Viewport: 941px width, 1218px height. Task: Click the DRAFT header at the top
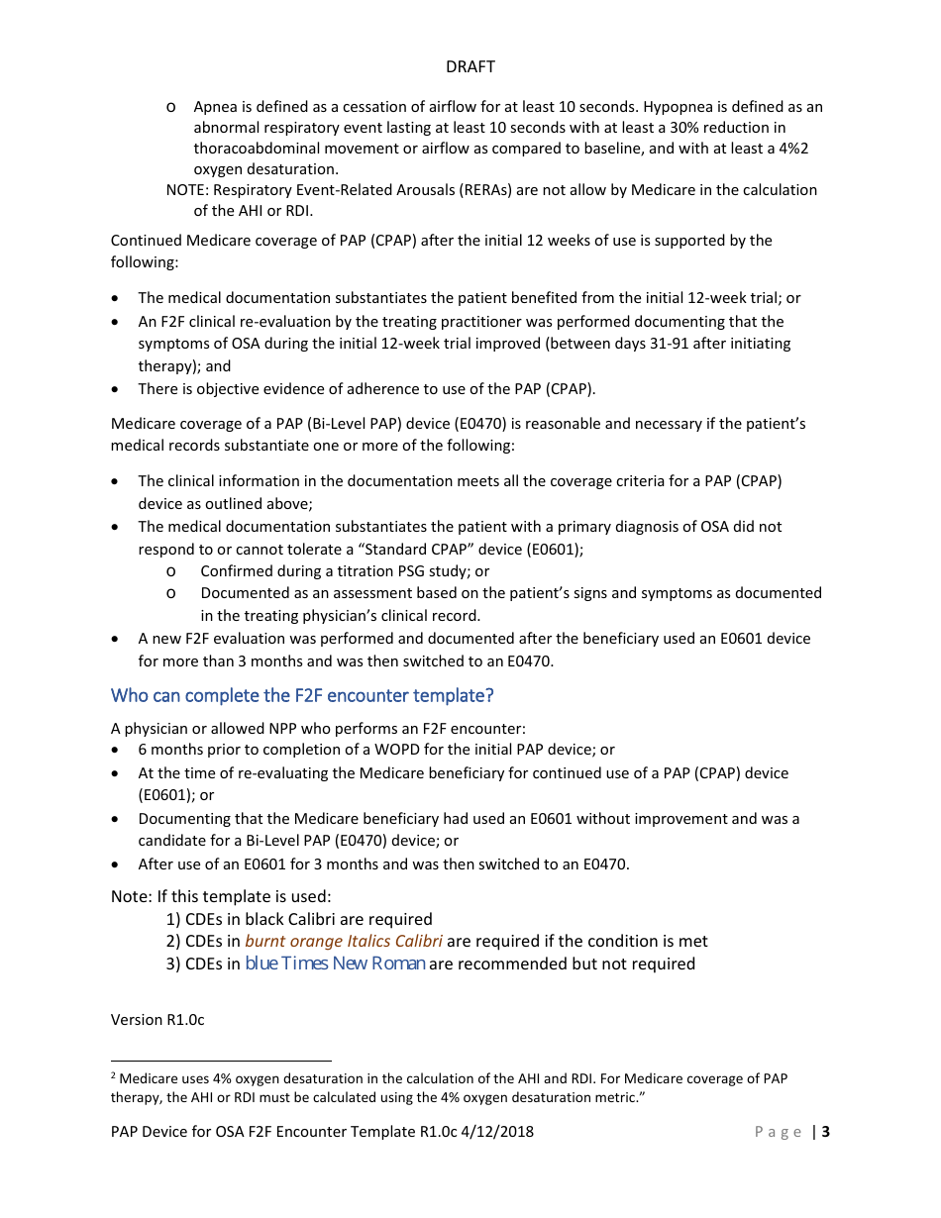click(x=470, y=66)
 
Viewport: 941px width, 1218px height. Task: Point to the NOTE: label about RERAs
click(x=187, y=190)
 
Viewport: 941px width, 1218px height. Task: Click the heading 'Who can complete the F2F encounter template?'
click(x=302, y=695)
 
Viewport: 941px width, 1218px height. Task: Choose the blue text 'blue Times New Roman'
click(x=335, y=964)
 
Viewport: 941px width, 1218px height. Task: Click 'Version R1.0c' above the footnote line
click(x=157, y=1019)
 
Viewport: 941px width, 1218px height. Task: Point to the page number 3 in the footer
click(x=826, y=1132)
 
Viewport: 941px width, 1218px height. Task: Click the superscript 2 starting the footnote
click(x=114, y=1075)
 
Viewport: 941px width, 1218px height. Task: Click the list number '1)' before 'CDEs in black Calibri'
click(x=173, y=919)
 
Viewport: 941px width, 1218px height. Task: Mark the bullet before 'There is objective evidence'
click(x=118, y=389)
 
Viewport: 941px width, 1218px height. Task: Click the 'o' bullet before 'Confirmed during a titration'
click(x=171, y=571)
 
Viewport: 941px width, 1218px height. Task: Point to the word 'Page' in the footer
click(x=779, y=1132)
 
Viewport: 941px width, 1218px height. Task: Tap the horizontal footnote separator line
click(x=221, y=1059)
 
